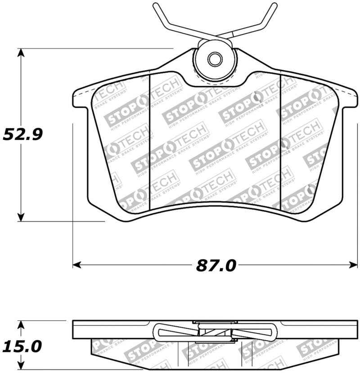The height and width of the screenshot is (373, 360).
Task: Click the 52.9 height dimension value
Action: coord(22,134)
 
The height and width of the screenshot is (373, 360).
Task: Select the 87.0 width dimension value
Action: coord(216,265)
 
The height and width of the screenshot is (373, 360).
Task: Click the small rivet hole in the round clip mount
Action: coord(215,58)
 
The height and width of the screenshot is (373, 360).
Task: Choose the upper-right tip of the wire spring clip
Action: coord(274,5)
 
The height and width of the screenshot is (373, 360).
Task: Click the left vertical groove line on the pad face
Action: coord(149,139)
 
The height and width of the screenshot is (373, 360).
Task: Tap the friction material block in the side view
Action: coord(135,351)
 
